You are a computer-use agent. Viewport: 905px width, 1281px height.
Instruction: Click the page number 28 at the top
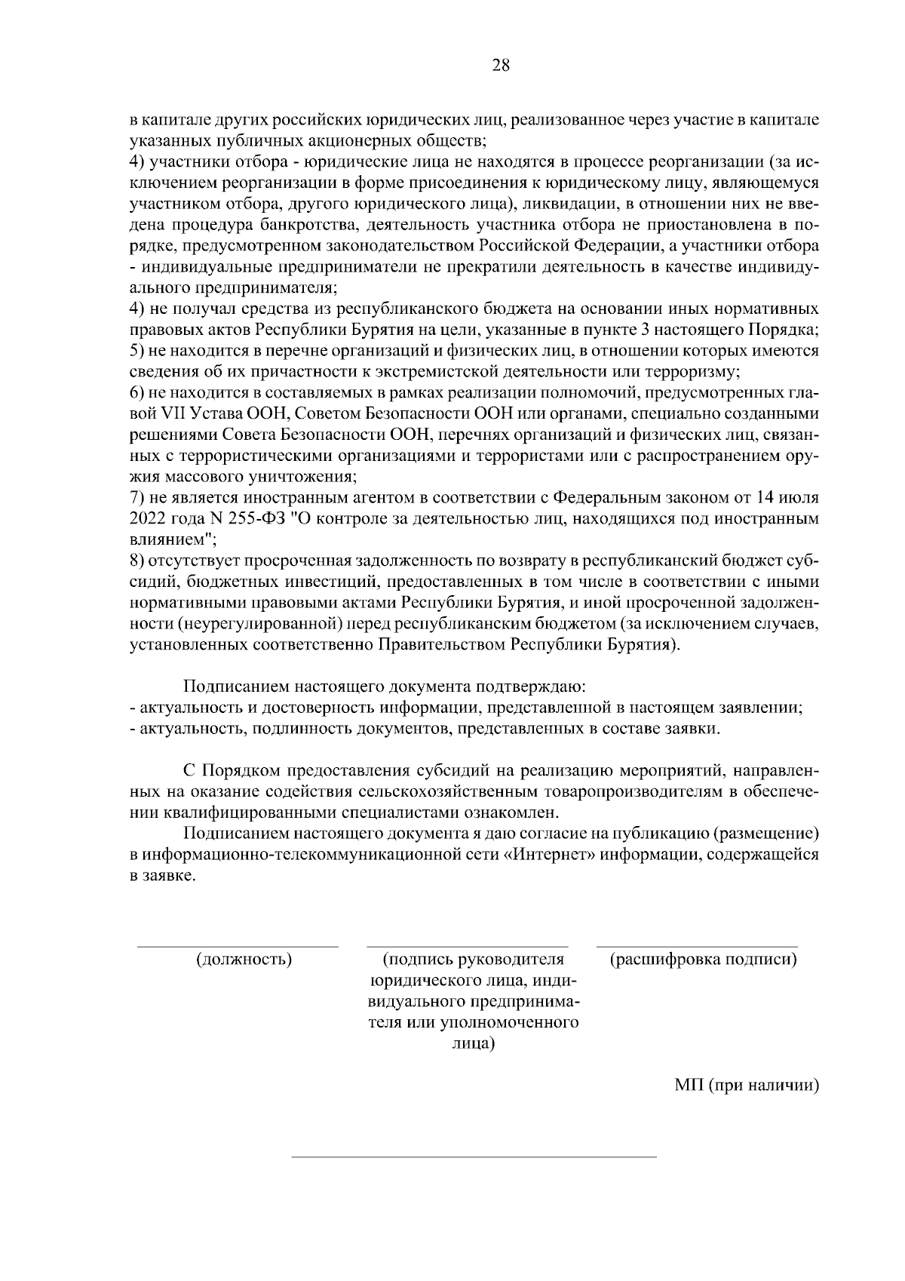tap(501, 65)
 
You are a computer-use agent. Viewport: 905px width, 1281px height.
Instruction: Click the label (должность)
tap(244, 959)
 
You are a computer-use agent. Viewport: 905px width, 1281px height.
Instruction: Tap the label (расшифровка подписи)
tap(703, 959)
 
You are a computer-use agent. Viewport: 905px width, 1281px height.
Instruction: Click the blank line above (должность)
tap(237, 945)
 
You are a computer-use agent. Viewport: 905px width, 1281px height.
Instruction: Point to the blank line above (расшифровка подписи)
tap(697, 945)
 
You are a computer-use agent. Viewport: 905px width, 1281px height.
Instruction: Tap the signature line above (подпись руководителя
tap(467, 945)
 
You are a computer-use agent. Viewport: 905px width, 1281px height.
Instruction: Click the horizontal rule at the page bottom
tap(474, 1156)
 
